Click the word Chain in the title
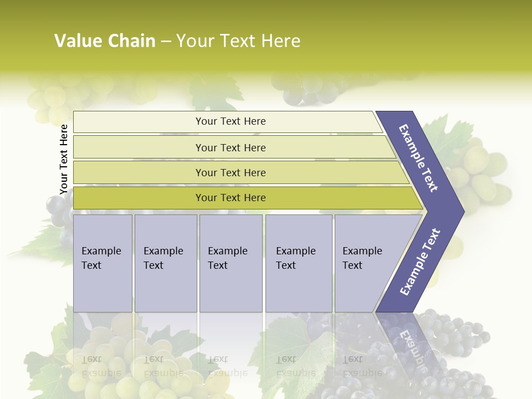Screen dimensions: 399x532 point(131,41)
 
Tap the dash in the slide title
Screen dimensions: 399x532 point(166,42)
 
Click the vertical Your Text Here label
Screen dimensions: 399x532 point(64,159)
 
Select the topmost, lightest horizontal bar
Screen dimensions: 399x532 point(230,121)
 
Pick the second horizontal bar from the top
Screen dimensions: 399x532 point(230,147)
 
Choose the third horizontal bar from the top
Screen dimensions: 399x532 point(230,172)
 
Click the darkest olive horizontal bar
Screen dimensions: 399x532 point(230,198)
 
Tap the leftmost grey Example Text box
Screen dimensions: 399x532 point(103,263)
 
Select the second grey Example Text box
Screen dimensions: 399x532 point(165,263)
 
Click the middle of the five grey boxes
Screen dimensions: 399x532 point(231,263)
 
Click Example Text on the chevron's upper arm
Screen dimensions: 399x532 point(419,158)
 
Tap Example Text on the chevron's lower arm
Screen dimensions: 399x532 point(420,262)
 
